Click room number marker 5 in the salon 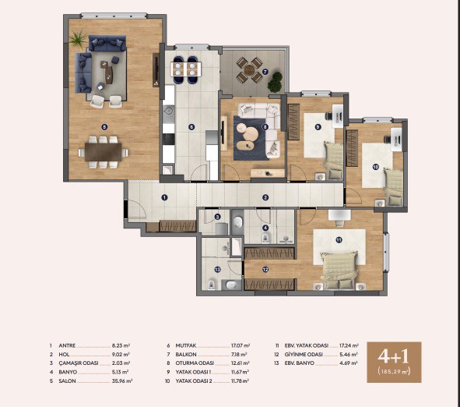(x=104, y=127)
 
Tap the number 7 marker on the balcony (x=265, y=72)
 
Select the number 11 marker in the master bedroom (x=339, y=240)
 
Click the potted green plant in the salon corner (x=78, y=40)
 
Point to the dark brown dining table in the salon (x=104, y=151)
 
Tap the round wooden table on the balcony (x=250, y=70)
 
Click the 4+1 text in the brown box (x=393, y=356)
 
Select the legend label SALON (x=67, y=380)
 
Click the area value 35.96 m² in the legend (x=122, y=380)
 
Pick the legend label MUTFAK (x=186, y=345)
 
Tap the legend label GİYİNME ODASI (x=304, y=355)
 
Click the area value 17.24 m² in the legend (x=349, y=345)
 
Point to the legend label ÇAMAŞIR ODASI (x=79, y=363)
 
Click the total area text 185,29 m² (x=394, y=371)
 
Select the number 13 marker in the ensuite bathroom (x=217, y=269)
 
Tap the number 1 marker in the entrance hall (x=164, y=197)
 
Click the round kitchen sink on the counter (x=169, y=111)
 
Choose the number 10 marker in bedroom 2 (x=375, y=167)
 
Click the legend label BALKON (x=186, y=355)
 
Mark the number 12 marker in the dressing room (x=265, y=269)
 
